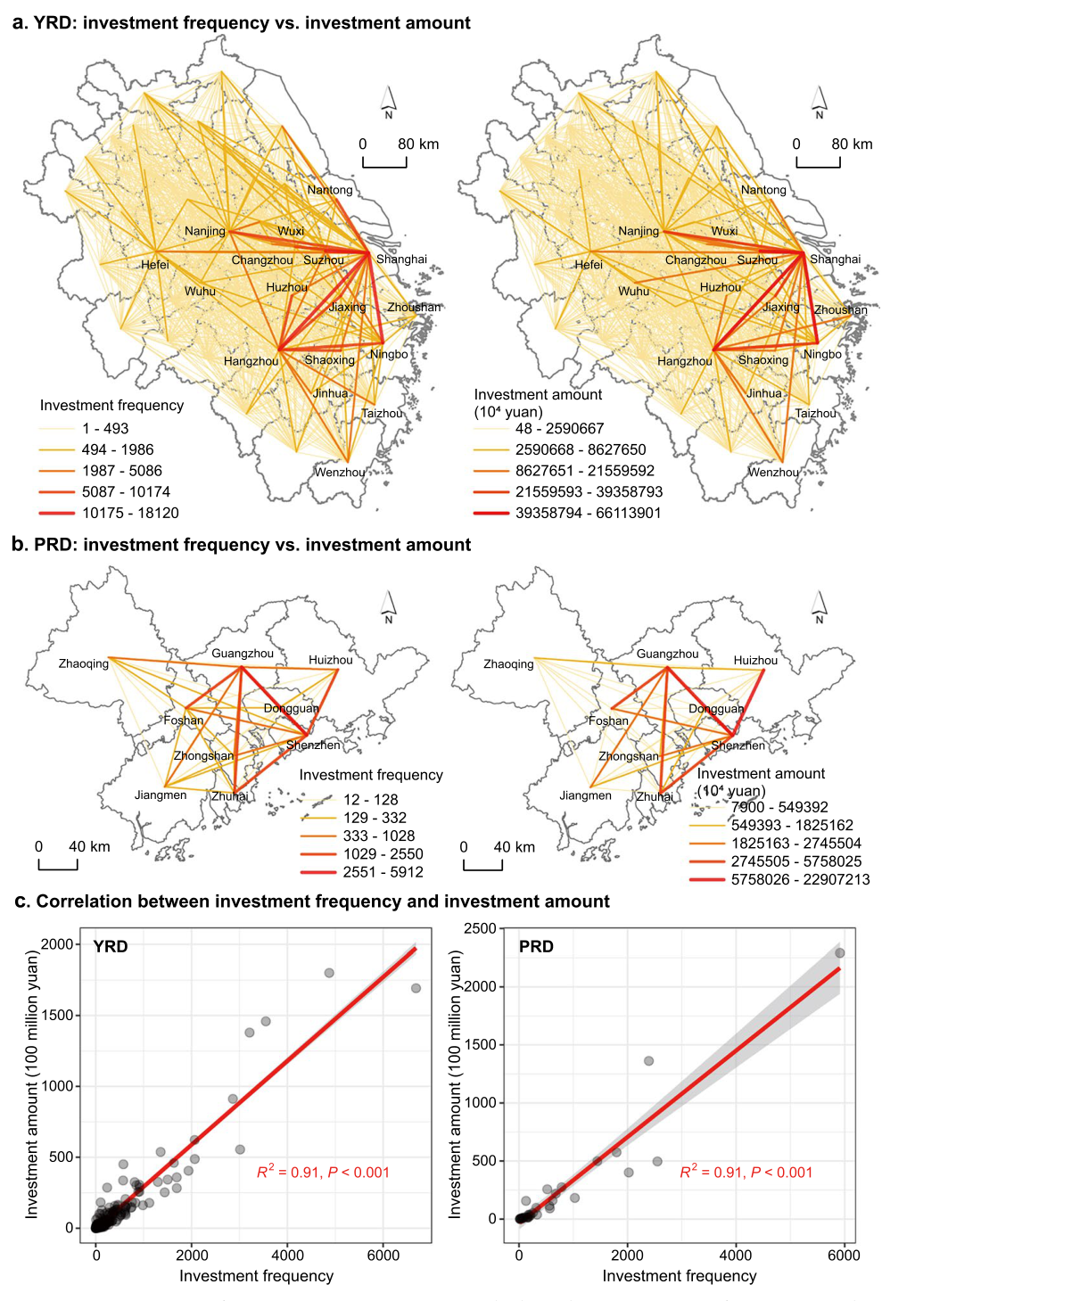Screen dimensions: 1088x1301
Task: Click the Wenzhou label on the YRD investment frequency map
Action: click(x=339, y=473)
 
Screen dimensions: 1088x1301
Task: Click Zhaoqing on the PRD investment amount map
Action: click(x=508, y=664)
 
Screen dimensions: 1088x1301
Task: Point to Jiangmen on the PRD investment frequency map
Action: click(x=161, y=795)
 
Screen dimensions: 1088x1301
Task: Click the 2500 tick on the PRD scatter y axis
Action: click(x=480, y=928)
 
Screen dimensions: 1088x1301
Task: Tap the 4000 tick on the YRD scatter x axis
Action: click(x=287, y=1256)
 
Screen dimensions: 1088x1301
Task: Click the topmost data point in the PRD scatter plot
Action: click(x=839, y=952)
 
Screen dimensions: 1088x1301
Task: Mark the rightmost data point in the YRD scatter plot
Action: click(x=416, y=988)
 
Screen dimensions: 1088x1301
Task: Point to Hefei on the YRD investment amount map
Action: click(x=589, y=265)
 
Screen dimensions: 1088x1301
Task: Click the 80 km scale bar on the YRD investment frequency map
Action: click(x=384, y=162)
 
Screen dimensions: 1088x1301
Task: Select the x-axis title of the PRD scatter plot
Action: click(x=680, y=1276)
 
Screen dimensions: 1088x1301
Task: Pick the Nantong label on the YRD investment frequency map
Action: click(x=330, y=190)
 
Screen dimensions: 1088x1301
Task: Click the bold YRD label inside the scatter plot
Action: click(x=111, y=946)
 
